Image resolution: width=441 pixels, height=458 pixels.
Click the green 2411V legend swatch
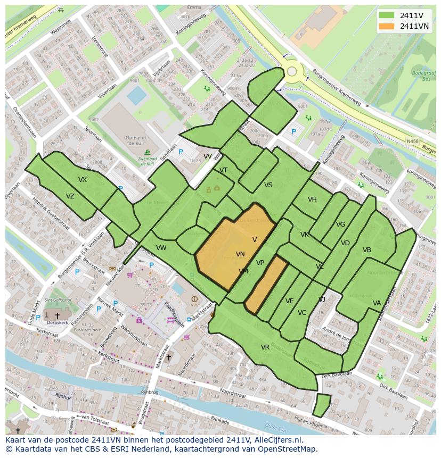tap(387, 16)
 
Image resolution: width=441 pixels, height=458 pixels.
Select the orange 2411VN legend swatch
tap(387, 26)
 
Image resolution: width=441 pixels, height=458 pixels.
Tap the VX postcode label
tap(83, 180)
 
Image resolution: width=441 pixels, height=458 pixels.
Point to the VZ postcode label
tap(70, 196)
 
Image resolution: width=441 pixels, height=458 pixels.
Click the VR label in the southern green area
tap(265, 347)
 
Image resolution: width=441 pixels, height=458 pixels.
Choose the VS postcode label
tap(268, 185)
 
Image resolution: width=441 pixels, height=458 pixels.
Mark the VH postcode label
tap(312, 199)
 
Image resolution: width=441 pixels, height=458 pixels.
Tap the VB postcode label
tap(367, 250)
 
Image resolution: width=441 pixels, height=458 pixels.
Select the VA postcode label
tap(377, 303)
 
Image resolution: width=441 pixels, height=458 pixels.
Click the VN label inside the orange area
tap(240, 255)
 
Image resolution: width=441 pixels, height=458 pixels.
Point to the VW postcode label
tap(161, 248)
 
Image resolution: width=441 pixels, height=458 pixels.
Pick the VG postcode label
tap(341, 224)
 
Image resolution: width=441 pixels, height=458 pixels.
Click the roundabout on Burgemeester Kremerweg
tap(292, 71)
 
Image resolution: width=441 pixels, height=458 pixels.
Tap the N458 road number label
tap(412, 141)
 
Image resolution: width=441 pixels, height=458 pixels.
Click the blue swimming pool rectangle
tap(137, 96)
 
